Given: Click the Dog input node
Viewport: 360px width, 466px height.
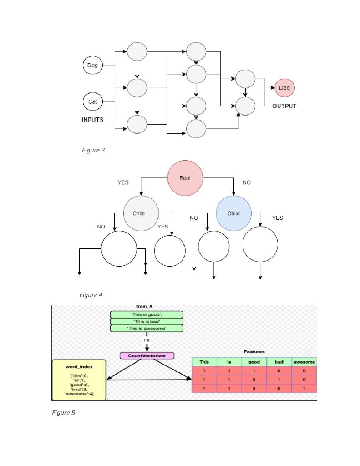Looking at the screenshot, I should (92, 66).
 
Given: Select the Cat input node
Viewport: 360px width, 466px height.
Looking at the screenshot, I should (92, 101).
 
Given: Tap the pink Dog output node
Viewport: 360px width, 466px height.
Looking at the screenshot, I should (284, 88).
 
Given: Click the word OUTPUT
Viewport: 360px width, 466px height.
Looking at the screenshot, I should (284, 106).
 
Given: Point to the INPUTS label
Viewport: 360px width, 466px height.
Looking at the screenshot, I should (92, 120).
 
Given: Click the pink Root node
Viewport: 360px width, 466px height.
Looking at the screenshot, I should (185, 178).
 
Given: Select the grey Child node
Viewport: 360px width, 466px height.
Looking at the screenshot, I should (141, 213).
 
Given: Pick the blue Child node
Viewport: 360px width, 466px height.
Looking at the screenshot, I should (233, 213).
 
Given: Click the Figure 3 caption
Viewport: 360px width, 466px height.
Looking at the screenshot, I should (93, 150).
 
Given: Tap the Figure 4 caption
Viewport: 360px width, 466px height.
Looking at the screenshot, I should (91, 295).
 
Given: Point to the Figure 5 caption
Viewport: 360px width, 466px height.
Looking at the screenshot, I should (63, 413).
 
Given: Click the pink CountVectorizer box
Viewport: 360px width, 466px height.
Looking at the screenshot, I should (147, 355).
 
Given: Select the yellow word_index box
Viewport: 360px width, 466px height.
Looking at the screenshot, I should (79, 380).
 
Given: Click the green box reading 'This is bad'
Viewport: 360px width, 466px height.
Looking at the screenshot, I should (147, 321).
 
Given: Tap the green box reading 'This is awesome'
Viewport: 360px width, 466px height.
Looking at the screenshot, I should (147, 329).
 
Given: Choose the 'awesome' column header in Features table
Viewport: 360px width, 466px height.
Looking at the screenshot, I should (304, 362).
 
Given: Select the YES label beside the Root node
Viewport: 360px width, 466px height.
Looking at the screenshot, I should (123, 182).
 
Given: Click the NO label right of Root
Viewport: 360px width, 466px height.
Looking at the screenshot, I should (247, 182).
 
